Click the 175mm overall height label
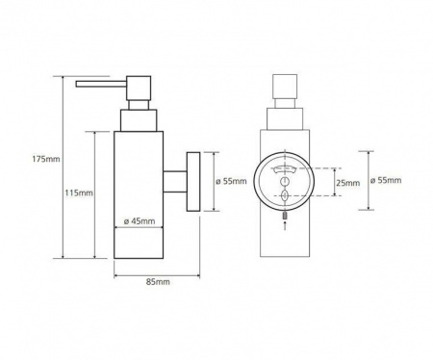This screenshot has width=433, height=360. (x=46, y=159)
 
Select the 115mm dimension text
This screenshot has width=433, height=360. (x=79, y=193)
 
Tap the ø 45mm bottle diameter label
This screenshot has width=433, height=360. (x=140, y=221)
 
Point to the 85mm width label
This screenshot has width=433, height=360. (x=158, y=282)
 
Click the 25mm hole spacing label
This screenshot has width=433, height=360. (x=347, y=183)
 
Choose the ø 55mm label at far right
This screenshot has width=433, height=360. (x=386, y=180)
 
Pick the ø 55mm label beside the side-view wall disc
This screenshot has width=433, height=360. (x=231, y=181)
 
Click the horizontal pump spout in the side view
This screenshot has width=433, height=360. (x=101, y=84)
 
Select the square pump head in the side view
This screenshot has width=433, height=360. (x=139, y=88)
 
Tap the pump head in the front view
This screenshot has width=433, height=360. (x=285, y=87)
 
